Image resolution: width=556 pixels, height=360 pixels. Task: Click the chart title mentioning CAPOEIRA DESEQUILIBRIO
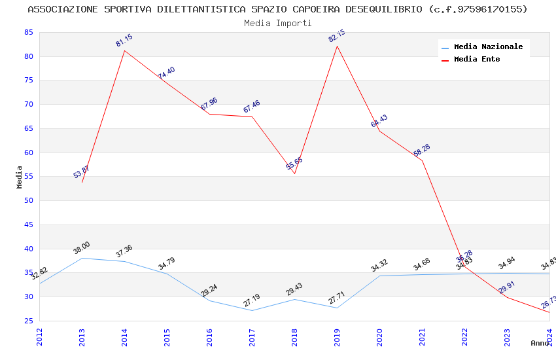tap(277, 9)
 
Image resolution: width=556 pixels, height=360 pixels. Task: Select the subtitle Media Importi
tap(277, 23)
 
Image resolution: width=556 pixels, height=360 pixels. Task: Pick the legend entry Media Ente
tap(477, 60)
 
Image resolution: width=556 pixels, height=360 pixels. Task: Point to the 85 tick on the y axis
tap(27, 32)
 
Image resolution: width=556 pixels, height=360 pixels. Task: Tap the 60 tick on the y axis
tap(27, 153)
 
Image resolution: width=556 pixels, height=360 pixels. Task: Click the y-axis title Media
tap(20, 177)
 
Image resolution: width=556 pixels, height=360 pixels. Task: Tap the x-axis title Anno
tap(540, 343)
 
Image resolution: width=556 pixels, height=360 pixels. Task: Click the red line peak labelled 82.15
tap(337, 46)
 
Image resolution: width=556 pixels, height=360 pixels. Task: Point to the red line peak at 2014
tap(124, 50)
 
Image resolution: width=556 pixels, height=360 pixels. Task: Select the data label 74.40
tap(166, 73)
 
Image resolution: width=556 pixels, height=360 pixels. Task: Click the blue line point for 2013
tap(82, 258)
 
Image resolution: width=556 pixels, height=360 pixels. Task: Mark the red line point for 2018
tap(294, 173)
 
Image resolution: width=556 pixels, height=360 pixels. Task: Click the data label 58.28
tap(422, 151)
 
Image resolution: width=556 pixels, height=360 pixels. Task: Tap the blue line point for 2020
tap(379, 276)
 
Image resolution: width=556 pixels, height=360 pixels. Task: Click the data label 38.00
tap(82, 248)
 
